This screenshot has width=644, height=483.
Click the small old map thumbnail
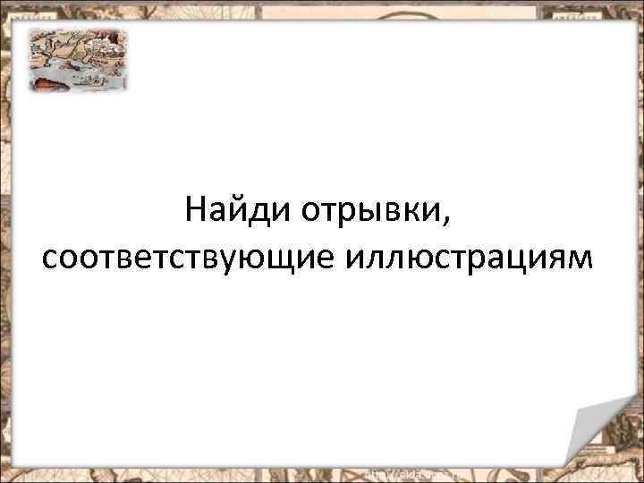pyautogui.click(x=77, y=59)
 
